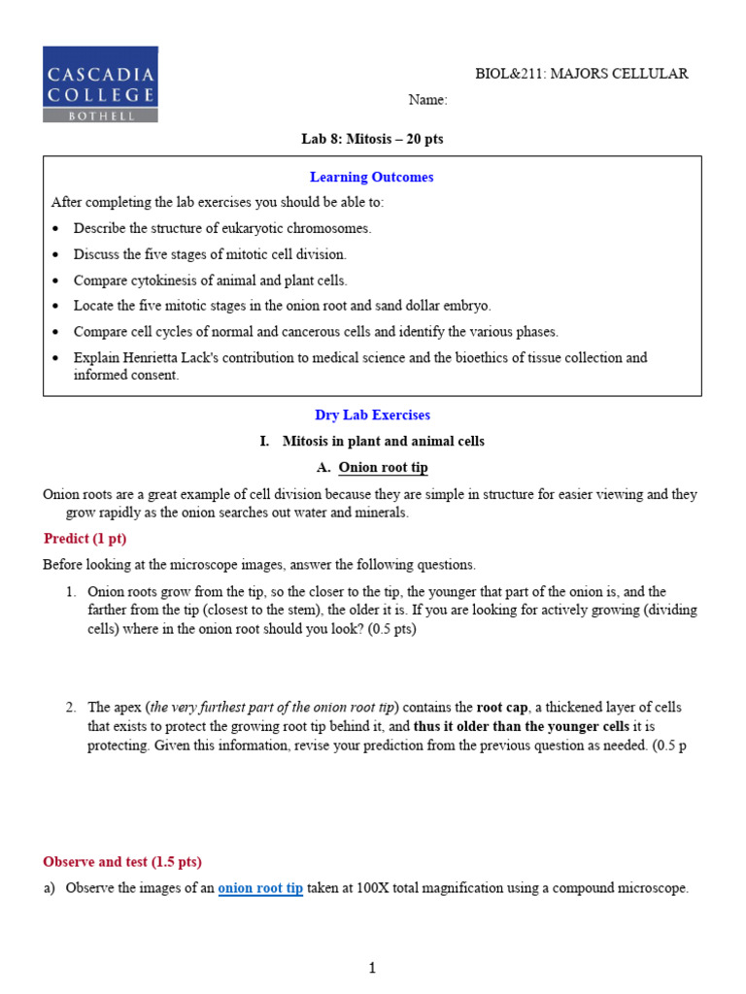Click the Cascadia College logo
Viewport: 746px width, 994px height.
[100, 83]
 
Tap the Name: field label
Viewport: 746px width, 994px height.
[427, 100]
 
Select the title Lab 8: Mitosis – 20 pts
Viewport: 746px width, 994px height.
[372, 140]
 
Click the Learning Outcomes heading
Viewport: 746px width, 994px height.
[371, 177]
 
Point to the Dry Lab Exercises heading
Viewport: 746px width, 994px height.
[372, 414]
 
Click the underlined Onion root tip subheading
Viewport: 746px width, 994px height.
[383, 467]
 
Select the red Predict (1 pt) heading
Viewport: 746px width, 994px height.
[85, 538]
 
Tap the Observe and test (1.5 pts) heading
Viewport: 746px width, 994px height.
[122, 861]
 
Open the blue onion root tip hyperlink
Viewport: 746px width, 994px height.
[260, 888]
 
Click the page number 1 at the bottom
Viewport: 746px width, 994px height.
[372, 967]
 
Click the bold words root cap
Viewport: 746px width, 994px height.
[501, 707]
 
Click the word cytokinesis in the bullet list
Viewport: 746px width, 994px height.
[165, 281]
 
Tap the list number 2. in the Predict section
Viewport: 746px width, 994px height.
[71, 707]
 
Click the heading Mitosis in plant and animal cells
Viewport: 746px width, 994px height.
[383, 441]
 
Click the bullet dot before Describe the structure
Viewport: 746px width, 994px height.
[55, 228]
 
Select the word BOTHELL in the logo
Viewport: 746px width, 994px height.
[100, 115]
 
